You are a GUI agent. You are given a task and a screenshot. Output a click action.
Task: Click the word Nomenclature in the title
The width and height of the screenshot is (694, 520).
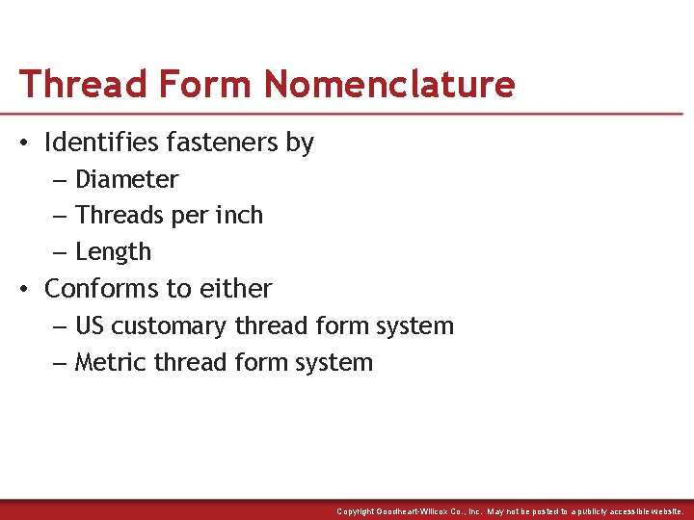(389, 84)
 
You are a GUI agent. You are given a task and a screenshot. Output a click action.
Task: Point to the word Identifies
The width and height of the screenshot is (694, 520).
(102, 143)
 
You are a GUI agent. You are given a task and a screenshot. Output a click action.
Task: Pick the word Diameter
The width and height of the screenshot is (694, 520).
(126, 180)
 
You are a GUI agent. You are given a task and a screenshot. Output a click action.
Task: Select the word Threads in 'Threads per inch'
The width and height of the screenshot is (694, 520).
(116, 216)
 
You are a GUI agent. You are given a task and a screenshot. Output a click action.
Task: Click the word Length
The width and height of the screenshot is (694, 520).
(113, 252)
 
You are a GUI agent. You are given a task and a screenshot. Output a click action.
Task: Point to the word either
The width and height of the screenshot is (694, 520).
(238, 289)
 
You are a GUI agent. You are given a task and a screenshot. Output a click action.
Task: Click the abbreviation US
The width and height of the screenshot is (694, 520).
(90, 326)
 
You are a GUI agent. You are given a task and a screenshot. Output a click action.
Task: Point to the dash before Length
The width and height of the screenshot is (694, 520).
(59, 253)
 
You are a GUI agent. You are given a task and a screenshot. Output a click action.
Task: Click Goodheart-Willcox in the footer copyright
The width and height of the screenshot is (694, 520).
(424, 511)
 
